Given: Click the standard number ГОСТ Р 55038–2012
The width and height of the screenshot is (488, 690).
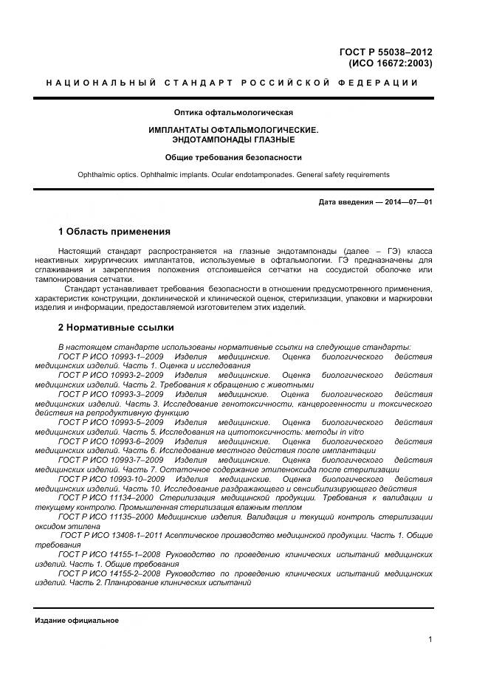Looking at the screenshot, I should coord(385,52).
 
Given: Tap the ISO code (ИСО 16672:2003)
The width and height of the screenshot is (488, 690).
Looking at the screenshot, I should coord(390,63).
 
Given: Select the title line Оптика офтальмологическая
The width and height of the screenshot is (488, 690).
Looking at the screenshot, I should coord(233,113).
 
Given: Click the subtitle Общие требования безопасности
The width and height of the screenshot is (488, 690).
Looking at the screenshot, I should coord(233,157).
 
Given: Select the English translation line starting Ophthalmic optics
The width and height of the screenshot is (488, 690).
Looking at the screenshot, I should coord(233,175).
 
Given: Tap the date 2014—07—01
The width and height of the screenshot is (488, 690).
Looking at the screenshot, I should coord(406,201).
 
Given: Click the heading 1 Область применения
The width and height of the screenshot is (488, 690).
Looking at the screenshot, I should coord(114,231).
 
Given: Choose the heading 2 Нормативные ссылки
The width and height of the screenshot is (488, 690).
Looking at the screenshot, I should coord(116,327).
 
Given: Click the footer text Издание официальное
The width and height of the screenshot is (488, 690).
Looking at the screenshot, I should coord(77,621).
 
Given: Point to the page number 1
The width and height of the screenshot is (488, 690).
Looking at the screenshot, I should coord(430,640).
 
